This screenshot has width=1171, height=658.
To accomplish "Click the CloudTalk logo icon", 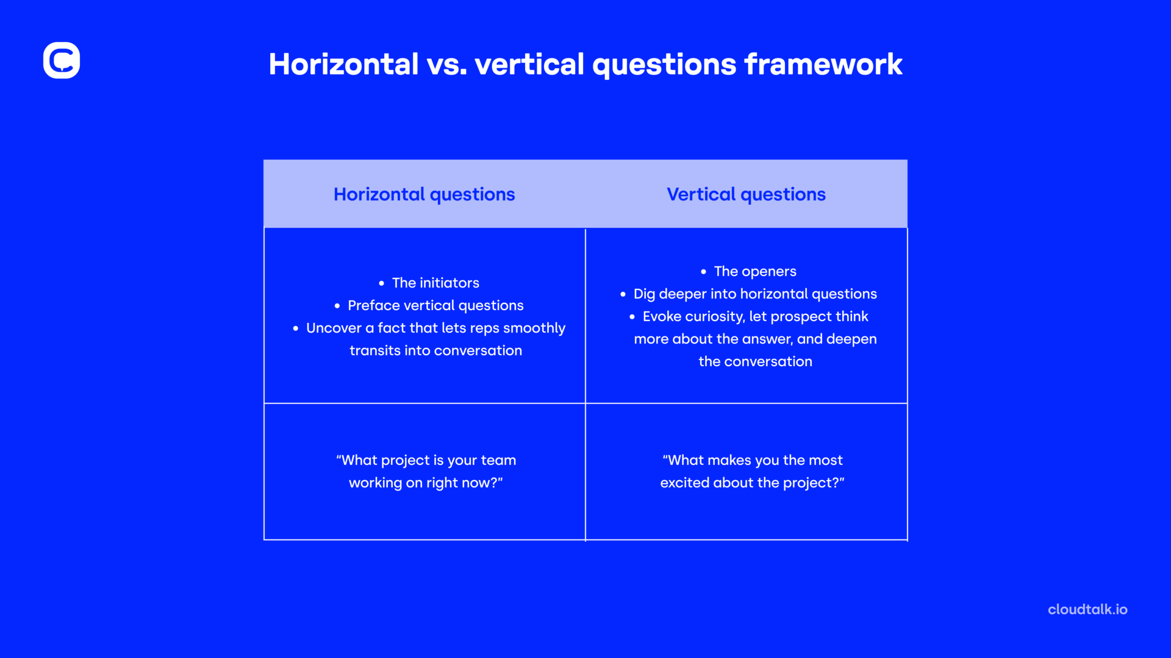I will click(62, 60).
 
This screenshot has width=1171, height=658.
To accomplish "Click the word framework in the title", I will click(823, 65).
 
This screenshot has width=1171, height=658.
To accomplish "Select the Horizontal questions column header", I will click(424, 194).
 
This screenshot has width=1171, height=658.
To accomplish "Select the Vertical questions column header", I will click(746, 194).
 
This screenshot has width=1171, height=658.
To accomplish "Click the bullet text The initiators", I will click(435, 283).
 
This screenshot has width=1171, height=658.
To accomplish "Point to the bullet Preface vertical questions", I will click(435, 305).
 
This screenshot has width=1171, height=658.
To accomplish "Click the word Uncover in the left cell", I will click(334, 328).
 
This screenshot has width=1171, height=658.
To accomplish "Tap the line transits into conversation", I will click(435, 350).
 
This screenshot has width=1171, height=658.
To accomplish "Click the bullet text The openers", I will click(755, 271).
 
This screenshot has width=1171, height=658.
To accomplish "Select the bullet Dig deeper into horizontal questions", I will click(755, 294).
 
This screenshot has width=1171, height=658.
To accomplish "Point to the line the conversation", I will click(755, 361).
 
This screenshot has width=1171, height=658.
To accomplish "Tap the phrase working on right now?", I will click(426, 483).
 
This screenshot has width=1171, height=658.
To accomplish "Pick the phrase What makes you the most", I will click(753, 460).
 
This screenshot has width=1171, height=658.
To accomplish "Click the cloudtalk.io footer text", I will click(1087, 609).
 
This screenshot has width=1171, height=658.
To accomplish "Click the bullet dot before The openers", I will click(703, 272).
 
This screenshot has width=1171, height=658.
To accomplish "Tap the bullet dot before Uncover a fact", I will click(296, 328).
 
